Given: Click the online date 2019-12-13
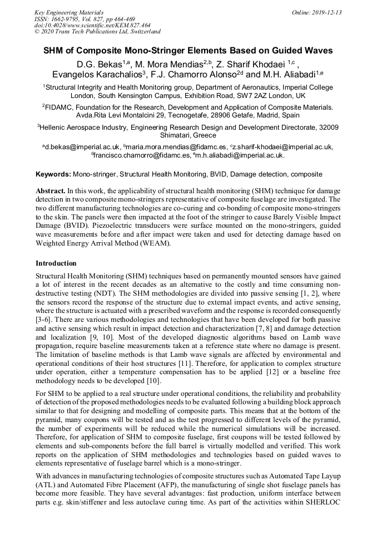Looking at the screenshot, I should (326, 12).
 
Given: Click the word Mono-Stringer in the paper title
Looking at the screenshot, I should (166, 51).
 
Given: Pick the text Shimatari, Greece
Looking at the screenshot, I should (188, 135).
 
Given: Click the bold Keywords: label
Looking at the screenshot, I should (53, 174).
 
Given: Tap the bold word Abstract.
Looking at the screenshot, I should (51, 191).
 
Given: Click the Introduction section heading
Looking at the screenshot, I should (56, 263).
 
